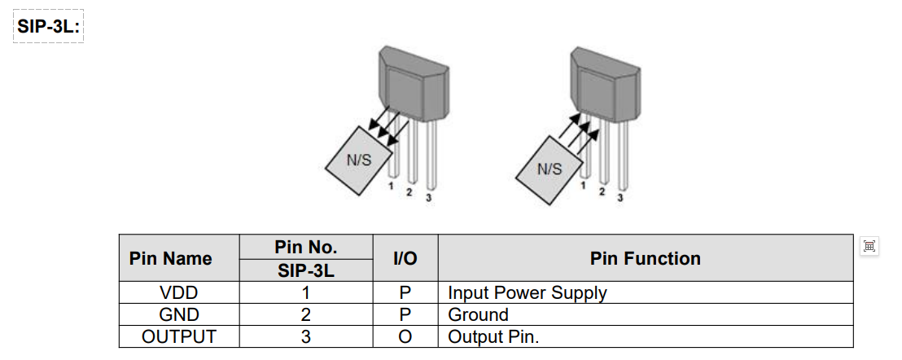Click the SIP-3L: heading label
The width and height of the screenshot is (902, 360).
pos(49,26)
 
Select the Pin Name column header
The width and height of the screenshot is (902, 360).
pos(170,258)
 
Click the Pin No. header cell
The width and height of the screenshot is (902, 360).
pos(305,247)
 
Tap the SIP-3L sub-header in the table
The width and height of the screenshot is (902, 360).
pos(305,270)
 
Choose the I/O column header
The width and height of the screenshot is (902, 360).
pos(405,258)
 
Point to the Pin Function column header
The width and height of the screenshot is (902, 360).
pos(645,258)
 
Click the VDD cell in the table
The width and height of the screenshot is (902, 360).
pos(178,292)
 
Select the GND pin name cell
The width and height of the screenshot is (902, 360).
pos(178,314)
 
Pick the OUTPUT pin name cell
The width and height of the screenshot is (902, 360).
pos(178,336)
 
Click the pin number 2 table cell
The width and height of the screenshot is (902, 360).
pos(305,314)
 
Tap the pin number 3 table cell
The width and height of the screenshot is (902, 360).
pos(305,336)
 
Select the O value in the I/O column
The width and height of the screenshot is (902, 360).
pos(405,336)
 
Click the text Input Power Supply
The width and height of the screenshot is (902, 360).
pos(527,292)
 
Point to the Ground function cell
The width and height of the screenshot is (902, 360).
pos(478,314)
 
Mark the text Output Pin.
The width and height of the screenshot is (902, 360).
pos(493,336)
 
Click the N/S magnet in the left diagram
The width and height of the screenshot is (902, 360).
pos(359,160)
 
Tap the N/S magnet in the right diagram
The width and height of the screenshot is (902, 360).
pos(550,169)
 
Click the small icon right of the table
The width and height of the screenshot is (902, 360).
pos(869,245)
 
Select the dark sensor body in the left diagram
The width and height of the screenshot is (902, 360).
pos(415,86)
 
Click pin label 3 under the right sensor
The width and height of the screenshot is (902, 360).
pos(620,197)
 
